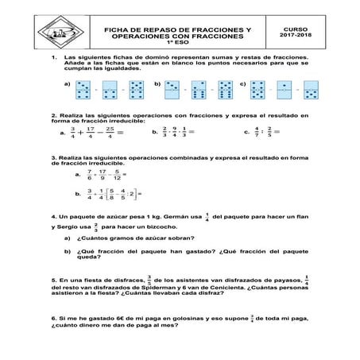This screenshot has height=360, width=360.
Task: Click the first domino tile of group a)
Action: [x=83, y=89]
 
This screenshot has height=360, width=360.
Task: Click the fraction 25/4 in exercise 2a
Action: [x=109, y=133]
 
